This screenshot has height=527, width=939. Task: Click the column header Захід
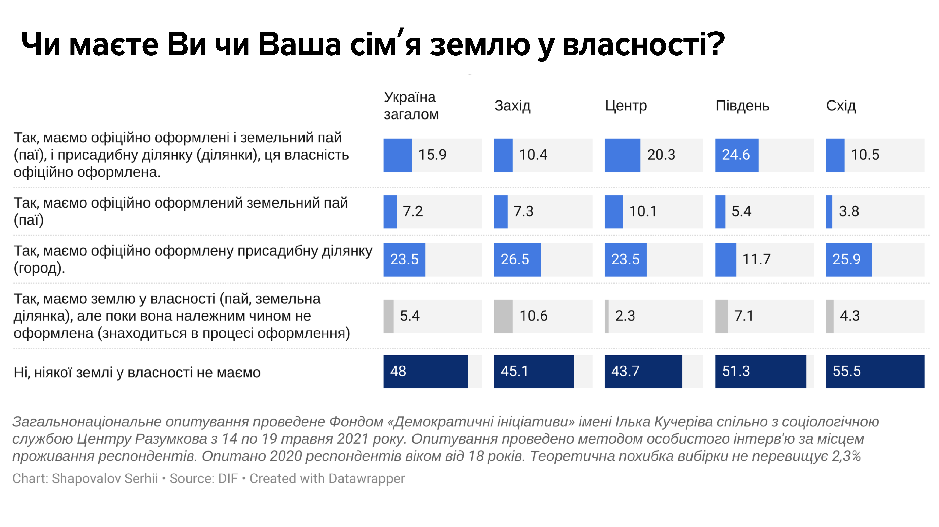[x=512, y=106]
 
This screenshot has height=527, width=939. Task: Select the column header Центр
[x=625, y=106]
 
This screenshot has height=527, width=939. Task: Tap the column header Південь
[x=742, y=106]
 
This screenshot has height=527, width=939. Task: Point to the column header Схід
[x=841, y=106]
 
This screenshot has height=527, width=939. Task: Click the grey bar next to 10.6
[x=503, y=316]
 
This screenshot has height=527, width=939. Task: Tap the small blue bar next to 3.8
[x=829, y=212]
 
